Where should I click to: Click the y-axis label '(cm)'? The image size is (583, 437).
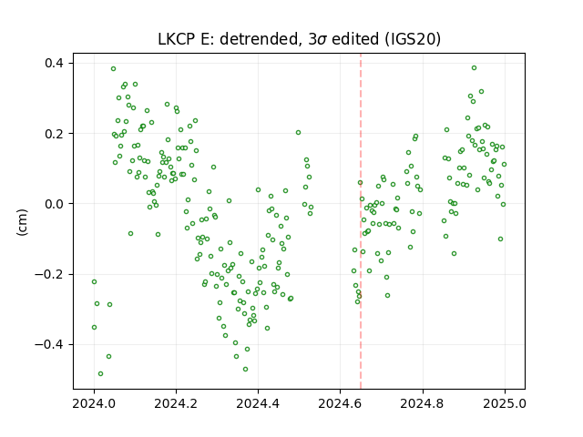(22, 222)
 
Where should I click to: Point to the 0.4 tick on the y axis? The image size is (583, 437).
(54, 63)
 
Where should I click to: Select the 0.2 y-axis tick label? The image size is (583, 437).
(54, 134)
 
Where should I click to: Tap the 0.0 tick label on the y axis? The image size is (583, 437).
(54, 204)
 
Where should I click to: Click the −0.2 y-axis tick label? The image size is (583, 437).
(49, 275)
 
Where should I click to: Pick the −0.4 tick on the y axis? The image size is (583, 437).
(49, 345)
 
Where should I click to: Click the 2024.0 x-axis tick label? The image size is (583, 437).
(94, 403)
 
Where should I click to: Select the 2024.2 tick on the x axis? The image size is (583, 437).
(176, 403)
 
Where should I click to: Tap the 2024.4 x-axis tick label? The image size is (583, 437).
(258, 403)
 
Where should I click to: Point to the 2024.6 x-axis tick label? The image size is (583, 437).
(340, 403)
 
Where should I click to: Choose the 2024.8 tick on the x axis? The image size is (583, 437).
(423, 403)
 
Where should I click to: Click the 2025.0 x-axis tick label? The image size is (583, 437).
(505, 403)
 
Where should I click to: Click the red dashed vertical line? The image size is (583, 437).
(361, 221)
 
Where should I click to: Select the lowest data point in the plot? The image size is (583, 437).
(100, 374)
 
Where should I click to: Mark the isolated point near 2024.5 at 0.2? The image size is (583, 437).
(298, 133)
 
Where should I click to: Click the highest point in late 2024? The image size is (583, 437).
(474, 68)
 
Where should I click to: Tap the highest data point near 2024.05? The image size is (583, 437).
(113, 69)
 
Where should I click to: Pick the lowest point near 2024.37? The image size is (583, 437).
(245, 370)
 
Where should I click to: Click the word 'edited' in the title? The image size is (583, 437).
(355, 39)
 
